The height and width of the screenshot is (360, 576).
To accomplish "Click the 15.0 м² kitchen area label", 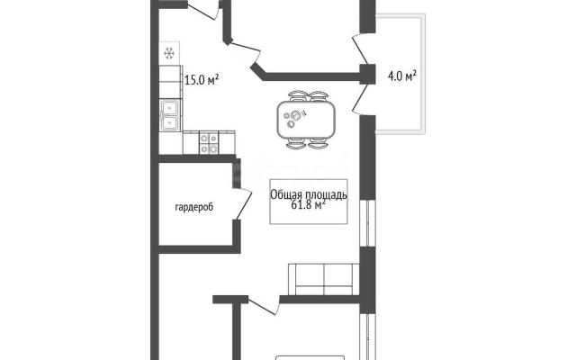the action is [202, 79].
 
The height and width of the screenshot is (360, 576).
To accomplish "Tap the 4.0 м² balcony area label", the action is [402, 76].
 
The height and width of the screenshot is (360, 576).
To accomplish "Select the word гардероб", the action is [194, 208].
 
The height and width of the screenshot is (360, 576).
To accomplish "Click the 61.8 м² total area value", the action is [308, 204].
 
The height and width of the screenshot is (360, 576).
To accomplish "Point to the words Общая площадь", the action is [309, 194].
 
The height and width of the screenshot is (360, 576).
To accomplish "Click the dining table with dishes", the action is [306, 120].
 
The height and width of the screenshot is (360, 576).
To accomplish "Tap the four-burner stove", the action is [209, 142].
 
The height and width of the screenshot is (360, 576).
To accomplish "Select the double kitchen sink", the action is [170, 115].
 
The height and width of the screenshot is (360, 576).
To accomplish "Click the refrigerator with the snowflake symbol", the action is [169, 54].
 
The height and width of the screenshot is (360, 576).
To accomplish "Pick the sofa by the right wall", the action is [323, 279].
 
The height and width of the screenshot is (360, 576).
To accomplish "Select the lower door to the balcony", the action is [361, 100].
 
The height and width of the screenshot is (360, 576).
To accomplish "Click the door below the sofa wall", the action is [263, 306].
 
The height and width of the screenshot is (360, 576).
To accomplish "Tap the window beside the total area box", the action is [367, 223].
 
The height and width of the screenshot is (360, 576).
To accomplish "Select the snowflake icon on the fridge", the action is [169, 54].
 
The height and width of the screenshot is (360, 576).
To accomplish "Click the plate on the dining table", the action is [295, 116].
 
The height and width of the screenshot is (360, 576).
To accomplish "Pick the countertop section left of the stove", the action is [191, 142].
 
